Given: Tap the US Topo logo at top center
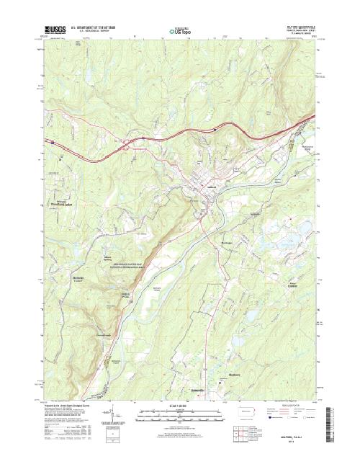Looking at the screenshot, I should tap(180, 31).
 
